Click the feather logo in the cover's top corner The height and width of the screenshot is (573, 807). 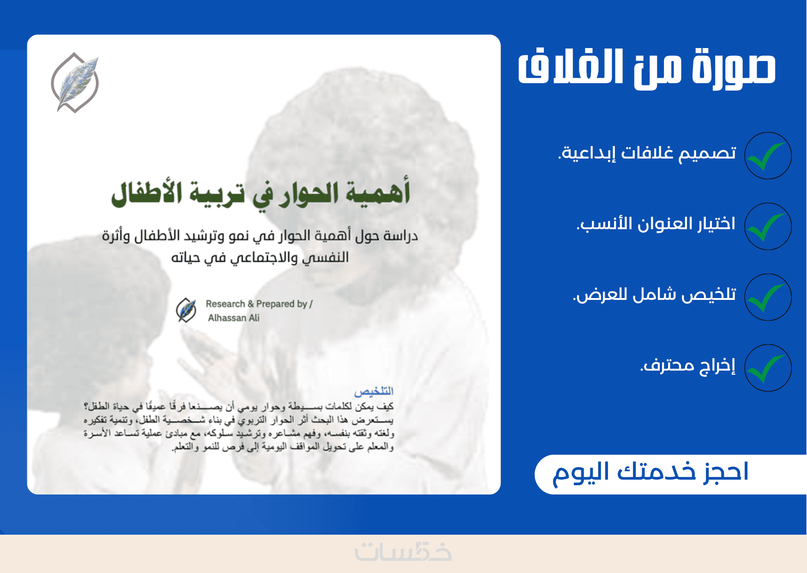tap(75, 82)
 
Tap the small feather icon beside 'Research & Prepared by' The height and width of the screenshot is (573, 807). tap(187, 310)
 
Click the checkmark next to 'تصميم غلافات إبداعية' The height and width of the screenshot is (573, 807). tap(768, 156)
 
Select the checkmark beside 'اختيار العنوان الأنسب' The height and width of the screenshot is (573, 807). tap(768, 226)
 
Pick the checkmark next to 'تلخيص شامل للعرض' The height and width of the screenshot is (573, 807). tap(768, 297)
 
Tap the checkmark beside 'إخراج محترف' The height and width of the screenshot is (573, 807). tap(768, 368)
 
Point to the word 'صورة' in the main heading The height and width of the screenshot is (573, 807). tap(734, 68)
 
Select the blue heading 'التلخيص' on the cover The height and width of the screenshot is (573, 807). tap(374, 391)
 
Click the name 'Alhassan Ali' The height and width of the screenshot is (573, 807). tap(234, 318)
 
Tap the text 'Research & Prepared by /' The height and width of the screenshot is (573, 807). tap(259, 304)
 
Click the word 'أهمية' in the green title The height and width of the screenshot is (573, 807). tap(379, 193)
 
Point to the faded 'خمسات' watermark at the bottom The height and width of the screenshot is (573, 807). tap(403, 552)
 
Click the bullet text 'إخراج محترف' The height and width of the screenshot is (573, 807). tap(688, 365)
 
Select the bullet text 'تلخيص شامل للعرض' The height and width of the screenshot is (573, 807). tap(655, 294)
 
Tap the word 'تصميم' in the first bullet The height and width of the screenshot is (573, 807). tap(708, 153)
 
